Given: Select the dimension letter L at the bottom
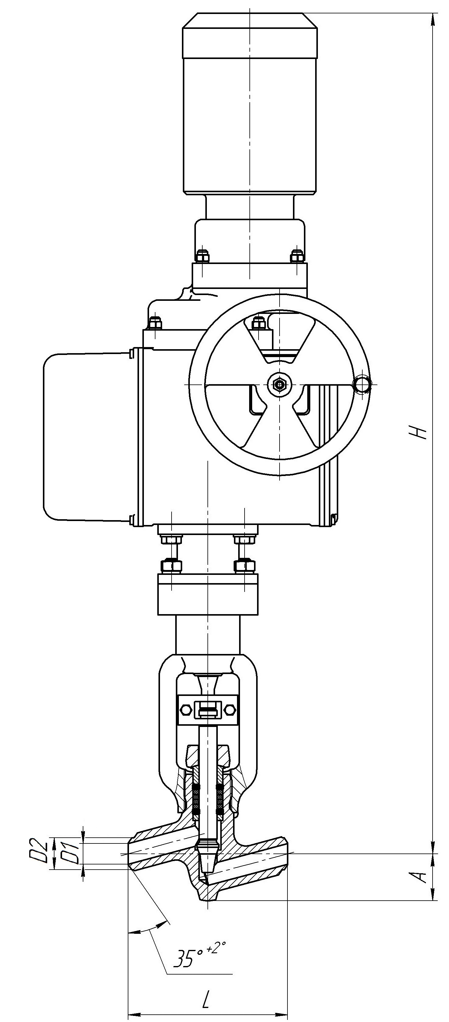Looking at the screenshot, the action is pos(205,1000).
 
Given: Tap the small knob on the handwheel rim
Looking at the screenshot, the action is pos(363,384).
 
